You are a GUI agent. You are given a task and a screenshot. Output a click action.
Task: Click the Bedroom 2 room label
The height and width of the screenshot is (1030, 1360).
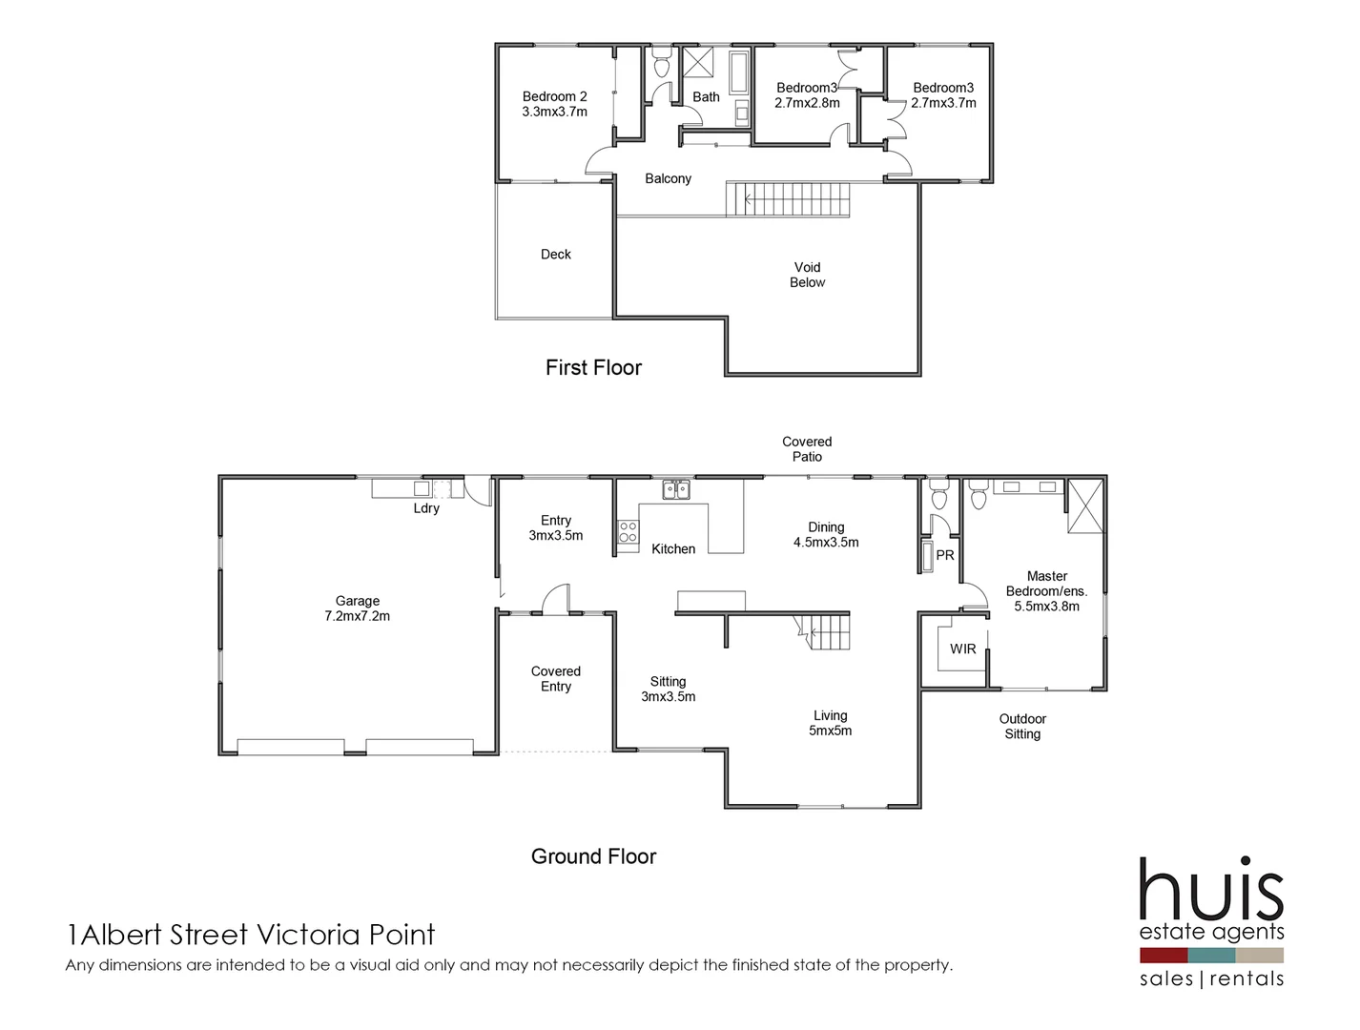(554, 104)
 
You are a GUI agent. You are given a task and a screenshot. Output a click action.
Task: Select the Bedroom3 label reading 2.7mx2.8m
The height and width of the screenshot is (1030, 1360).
(807, 95)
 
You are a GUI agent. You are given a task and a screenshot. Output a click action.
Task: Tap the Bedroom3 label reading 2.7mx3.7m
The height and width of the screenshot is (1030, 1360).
(943, 95)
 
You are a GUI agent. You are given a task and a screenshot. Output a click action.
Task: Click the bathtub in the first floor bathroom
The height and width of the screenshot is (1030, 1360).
(739, 72)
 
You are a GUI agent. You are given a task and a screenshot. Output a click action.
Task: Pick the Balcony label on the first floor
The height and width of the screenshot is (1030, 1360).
(668, 178)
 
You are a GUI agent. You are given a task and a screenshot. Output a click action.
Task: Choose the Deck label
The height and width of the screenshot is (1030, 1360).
(555, 255)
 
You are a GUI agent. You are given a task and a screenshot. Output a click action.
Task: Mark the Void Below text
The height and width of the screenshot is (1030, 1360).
(807, 275)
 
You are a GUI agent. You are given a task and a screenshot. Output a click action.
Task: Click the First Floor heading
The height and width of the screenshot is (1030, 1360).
(593, 368)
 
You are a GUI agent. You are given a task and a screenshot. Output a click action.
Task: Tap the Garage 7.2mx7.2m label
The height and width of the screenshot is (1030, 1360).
(357, 608)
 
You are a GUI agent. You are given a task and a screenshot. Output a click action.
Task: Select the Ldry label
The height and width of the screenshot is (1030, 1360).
(426, 508)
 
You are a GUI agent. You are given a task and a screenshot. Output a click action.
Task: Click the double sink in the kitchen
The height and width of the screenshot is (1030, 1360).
(676, 490)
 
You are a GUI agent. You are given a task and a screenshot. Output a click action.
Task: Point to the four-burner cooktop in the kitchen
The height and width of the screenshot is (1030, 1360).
(628, 532)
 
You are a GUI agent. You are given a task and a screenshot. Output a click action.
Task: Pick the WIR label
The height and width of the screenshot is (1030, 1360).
(962, 649)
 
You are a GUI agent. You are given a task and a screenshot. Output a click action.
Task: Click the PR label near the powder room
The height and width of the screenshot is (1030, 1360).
(945, 555)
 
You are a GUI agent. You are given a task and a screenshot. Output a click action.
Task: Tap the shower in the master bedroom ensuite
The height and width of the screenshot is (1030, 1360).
(1084, 506)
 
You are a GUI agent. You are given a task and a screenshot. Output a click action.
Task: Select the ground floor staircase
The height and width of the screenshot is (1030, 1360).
(825, 632)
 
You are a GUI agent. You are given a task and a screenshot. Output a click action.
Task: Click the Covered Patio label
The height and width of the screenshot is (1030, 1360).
(807, 449)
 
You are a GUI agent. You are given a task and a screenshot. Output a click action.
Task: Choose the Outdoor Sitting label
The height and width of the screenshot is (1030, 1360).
(1022, 727)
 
